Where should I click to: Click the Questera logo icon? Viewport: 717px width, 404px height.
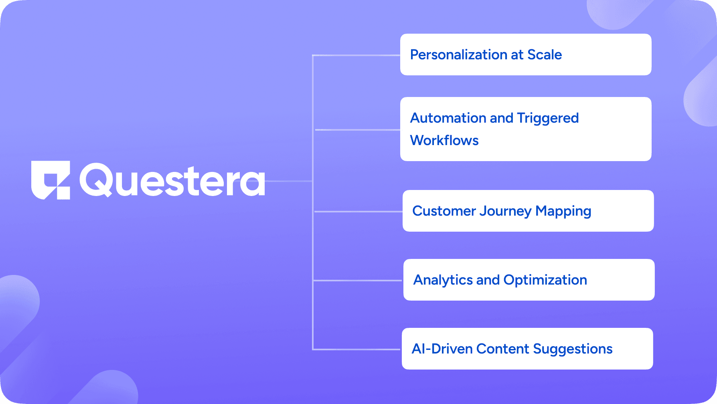pos(51,180)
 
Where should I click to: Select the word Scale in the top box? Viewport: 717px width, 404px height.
pos(544,55)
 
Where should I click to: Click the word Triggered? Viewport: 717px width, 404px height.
pos(547,118)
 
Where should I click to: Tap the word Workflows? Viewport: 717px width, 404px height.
pos(444,141)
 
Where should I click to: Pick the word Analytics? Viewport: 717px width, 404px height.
pos(443,280)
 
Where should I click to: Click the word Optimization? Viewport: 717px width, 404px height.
pos(545,280)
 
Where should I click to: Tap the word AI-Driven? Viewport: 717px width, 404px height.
pos(442,349)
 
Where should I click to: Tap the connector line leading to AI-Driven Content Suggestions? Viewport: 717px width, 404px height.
pos(356,349)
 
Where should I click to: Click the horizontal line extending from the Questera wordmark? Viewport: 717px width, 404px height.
pos(289,181)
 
